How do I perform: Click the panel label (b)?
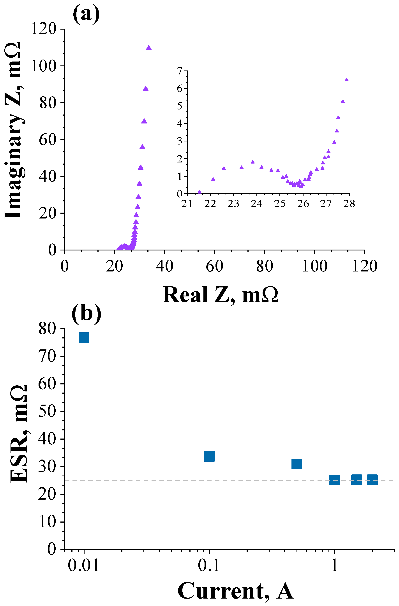(x=86, y=314)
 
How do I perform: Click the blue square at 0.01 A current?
(x=84, y=338)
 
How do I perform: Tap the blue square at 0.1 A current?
(x=209, y=456)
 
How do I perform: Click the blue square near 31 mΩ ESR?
(x=297, y=464)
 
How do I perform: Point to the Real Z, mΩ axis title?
(x=221, y=295)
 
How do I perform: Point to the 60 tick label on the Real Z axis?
(x=215, y=266)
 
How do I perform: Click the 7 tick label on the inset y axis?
(x=180, y=71)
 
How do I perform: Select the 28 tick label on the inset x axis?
(x=349, y=204)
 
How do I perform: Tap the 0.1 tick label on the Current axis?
(x=208, y=566)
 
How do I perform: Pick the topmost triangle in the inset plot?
(x=346, y=80)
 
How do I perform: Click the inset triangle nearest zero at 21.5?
(x=199, y=192)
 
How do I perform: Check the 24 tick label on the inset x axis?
(x=256, y=204)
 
